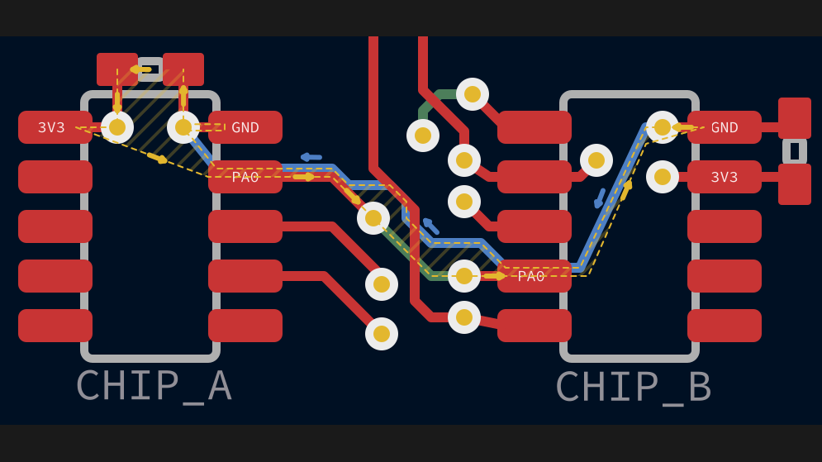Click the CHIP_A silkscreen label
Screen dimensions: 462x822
154,385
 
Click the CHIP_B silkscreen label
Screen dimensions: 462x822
633,386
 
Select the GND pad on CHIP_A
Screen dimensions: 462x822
245,127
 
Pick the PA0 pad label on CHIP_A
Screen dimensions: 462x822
245,177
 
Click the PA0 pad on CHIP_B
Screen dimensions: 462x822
534,276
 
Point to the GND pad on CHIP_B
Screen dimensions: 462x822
725,127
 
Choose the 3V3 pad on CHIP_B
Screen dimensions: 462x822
725,177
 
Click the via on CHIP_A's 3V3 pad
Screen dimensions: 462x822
117,127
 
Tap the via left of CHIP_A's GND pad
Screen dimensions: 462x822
183,127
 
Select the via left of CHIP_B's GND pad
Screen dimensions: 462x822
663,127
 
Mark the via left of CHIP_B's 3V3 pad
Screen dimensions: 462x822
663,177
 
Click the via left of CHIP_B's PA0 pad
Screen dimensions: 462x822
464,276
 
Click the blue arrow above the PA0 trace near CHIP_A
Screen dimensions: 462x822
311,157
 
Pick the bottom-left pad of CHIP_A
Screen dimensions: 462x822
55,326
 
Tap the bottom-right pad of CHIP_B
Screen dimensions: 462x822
725,326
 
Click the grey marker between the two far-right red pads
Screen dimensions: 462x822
795,151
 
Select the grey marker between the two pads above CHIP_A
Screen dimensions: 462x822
150,69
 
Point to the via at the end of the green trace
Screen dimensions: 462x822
423,136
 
